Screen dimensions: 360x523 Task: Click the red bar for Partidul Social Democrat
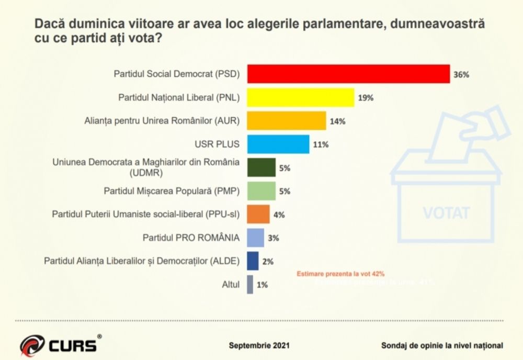(348, 74)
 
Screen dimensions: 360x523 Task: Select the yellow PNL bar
(300, 97)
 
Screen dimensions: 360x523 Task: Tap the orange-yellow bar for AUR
(286, 121)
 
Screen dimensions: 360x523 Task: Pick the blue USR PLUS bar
(278, 144)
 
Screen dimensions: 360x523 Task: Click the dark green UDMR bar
(261, 167)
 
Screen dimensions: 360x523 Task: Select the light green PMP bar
(261, 191)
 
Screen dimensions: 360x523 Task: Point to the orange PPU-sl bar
(258, 214)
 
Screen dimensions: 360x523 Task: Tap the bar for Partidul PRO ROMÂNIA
(255, 238)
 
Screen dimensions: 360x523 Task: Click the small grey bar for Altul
(250, 285)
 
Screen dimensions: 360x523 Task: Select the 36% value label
(461, 75)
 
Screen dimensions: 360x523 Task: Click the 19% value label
(366, 98)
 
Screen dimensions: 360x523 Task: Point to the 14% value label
(337, 121)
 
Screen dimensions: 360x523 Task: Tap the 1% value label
(262, 285)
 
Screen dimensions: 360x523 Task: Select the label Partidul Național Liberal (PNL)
(179, 97)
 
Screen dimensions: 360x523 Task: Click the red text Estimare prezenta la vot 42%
(341, 274)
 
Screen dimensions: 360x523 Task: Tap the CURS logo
(60, 345)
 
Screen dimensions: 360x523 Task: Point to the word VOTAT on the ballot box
(446, 213)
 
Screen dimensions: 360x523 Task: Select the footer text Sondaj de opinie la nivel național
(442, 345)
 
